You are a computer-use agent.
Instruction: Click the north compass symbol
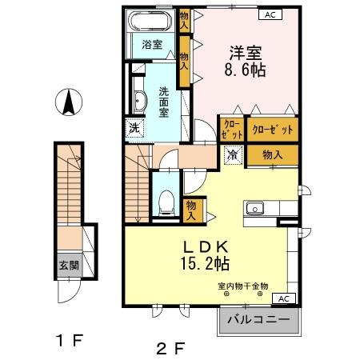click(69, 102)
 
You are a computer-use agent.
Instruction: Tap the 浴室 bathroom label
click(152, 44)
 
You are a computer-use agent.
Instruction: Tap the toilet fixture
click(167, 200)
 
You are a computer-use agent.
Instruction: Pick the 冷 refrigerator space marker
click(233, 154)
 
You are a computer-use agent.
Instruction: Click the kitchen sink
click(257, 209)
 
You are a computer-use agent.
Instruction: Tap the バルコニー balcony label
click(258, 321)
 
